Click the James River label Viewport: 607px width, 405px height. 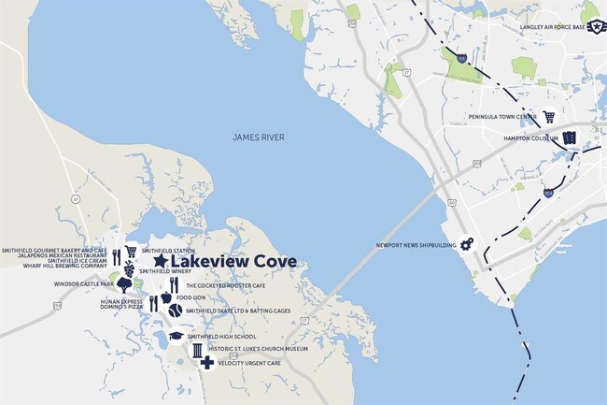(x=259, y=137)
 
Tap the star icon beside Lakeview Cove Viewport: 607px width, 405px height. (x=161, y=262)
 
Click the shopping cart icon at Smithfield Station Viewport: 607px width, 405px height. (x=131, y=252)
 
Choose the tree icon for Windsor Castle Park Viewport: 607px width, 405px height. (x=124, y=284)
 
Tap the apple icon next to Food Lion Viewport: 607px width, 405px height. (x=166, y=297)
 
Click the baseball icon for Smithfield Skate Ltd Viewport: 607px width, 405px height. (x=175, y=310)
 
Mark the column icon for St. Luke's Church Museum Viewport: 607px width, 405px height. (x=197, y=350)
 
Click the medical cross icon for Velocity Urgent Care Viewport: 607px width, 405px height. (x=206, y=361)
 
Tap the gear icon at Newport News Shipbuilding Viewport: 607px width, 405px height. (x=466, y=244)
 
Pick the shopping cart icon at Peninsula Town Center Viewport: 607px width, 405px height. (x=549, y=117)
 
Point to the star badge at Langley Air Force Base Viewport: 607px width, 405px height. (x=590, y=16)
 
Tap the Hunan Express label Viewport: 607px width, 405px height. (x=121, y=300)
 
